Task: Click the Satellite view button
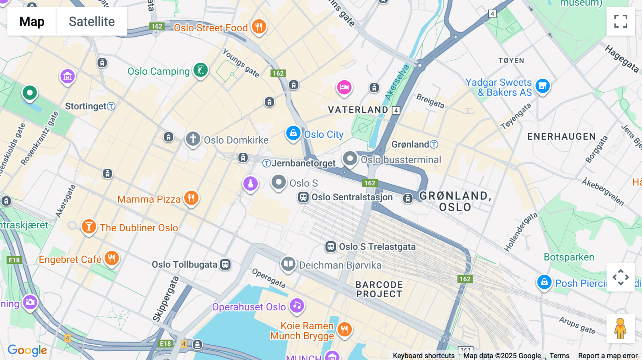[x=92, y=21]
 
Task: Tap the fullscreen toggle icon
[x=621, y=21]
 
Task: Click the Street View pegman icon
[x=621, y=328]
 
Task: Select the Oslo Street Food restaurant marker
[x=259, y=26]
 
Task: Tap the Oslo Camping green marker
[x=200, y=70]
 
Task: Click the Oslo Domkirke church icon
[x=193, y=139]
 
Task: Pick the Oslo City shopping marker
[x=293, y=133]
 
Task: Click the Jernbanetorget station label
[x=303, y=163]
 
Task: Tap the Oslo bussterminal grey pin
[x=350, y=158]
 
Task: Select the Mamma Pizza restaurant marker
[x=191, y=197]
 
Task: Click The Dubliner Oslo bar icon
[x=89, y=226]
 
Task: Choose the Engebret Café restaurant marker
[x=112, y=258]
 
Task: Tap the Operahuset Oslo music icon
[x=297, y=305]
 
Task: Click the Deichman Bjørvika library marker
[x=288, y=264]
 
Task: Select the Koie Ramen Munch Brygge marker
[x=345, y=329]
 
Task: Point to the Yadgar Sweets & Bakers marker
[x=542, y=86]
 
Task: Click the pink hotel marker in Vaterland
[x=344, y=87]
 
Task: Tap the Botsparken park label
[x=569, y=257]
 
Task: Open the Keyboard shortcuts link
[x=423, y=355]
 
